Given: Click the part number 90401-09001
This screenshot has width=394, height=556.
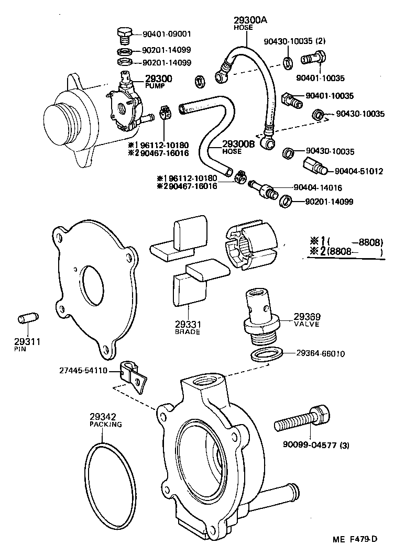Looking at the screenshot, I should [x=167, y=34].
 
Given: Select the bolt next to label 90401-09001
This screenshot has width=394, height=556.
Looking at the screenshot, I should [x=124, y=36].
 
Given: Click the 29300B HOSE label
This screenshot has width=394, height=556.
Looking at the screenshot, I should [x=238, y=147].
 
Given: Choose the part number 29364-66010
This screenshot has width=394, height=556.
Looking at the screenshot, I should [x=319, y=353].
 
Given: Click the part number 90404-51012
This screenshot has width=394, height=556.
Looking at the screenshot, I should [x=358, y=171].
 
